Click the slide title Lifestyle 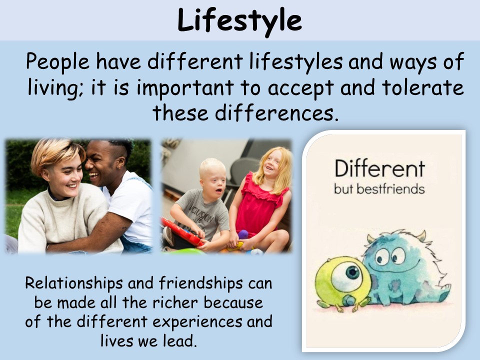coord(239,21)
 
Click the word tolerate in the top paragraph coord(423,87)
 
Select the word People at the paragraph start coord(57,62)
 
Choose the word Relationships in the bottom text coord(74,283)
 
